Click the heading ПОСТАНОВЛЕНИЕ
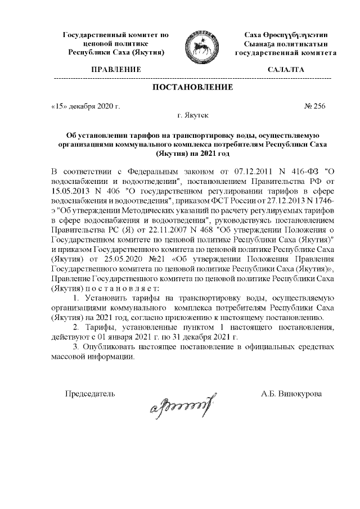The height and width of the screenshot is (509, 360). (x=192, y=87)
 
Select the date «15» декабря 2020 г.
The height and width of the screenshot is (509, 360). (x=85, y=105)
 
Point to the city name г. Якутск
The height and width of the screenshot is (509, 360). (x=192, y=115)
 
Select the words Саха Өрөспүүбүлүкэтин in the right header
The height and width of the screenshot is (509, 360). (x=286, y=35)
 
